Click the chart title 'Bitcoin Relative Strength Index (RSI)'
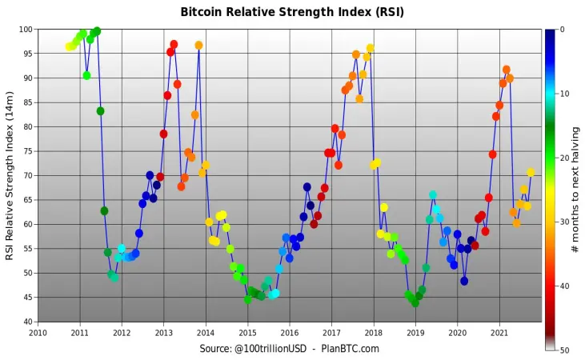click(292, 12)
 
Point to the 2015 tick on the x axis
click(248, 332)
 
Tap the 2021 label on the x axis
click(499, 332)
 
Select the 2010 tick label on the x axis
click(38, 332)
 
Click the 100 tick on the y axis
click(26, 30)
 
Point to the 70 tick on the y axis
click(28, 175)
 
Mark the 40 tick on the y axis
click(28, 322)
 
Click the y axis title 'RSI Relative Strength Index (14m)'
click(10, 176)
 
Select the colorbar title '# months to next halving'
click(575, 190)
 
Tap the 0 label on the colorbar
click(563, 30)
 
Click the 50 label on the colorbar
click(564, 350)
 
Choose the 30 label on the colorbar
click(564, 222)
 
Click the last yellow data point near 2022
click(531, 172)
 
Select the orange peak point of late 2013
click(198, 46)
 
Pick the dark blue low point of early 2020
click(464, 282)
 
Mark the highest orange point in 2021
click(507, 70)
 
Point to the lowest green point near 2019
click(415, 303)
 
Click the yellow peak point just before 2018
click(370, 48)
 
